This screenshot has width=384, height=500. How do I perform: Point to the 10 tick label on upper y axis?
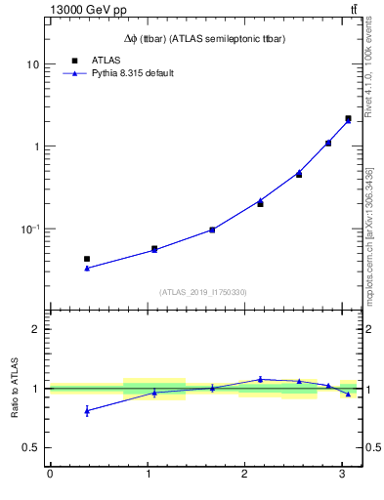32,64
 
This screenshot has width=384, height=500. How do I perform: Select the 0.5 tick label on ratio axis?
30,447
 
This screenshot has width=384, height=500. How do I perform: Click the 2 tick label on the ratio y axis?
35,329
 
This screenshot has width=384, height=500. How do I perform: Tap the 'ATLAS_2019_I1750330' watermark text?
203,292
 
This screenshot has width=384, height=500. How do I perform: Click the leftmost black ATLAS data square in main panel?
87,259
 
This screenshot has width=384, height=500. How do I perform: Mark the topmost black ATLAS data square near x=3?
348,118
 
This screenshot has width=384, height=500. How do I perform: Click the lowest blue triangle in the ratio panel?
87,410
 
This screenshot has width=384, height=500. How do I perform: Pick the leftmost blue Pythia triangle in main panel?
87,268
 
